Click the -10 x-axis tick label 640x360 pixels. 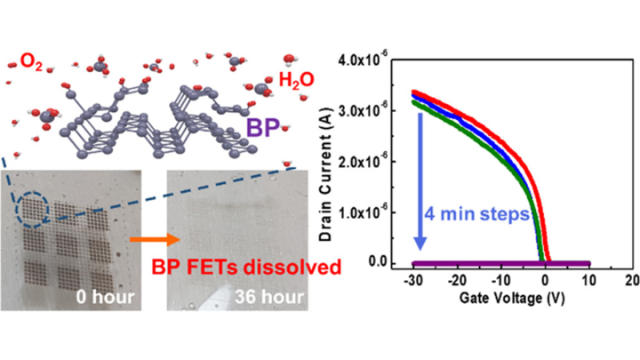pos(500,281)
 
